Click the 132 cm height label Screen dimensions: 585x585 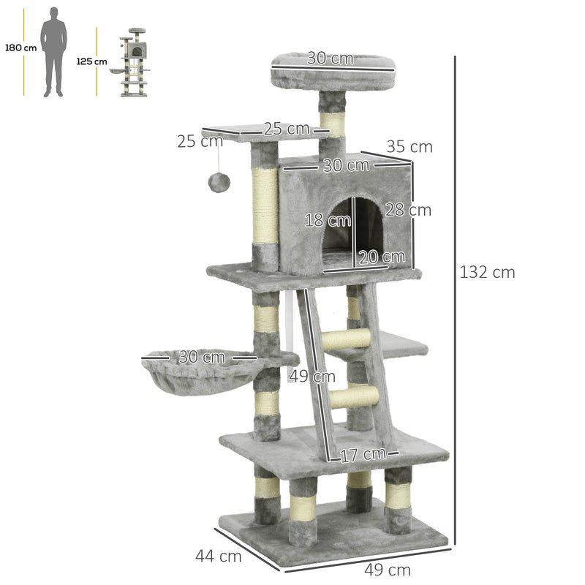click(x=487, y=273)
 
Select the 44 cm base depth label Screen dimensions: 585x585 click(x=218, y=556)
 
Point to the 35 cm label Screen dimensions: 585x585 click(x=409, y=147)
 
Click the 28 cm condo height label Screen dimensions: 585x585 click(x=408, y=211)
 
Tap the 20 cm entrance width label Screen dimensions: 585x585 click(x=381, y=257)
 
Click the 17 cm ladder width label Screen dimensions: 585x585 click(x=362, y=454)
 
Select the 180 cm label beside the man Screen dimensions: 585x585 click(x=20, y=48)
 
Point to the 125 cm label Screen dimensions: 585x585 click(x=91, y=61)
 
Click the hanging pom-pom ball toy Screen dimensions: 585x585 click(x=219, y=183)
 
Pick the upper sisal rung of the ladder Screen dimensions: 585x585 click(x=347, y=339)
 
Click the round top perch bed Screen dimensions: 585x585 click(x=333, y=69)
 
